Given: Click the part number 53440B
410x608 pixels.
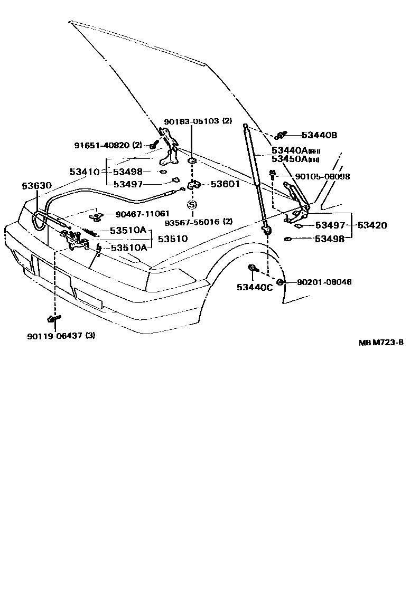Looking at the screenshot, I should [320, 135].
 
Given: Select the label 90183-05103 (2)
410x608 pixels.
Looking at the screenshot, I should [198, 121].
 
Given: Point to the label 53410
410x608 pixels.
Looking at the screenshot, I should [84, 172].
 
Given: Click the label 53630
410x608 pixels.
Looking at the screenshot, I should [36, 186].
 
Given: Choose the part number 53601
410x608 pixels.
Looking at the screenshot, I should [225, 184].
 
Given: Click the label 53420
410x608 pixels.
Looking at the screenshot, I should [372, 225].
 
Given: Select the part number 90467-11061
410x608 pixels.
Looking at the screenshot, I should [142, 214].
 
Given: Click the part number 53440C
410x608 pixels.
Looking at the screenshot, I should [254, 287].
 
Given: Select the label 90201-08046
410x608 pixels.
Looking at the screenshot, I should [324, 282].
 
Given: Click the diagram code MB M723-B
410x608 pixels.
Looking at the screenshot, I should [381, 343].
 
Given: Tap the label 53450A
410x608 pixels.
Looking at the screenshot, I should [289, 159].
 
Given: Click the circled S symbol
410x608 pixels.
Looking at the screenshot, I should [192, 204].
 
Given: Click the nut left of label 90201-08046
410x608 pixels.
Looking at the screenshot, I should [280, 282].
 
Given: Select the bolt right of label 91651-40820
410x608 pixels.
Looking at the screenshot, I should [154, 145].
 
